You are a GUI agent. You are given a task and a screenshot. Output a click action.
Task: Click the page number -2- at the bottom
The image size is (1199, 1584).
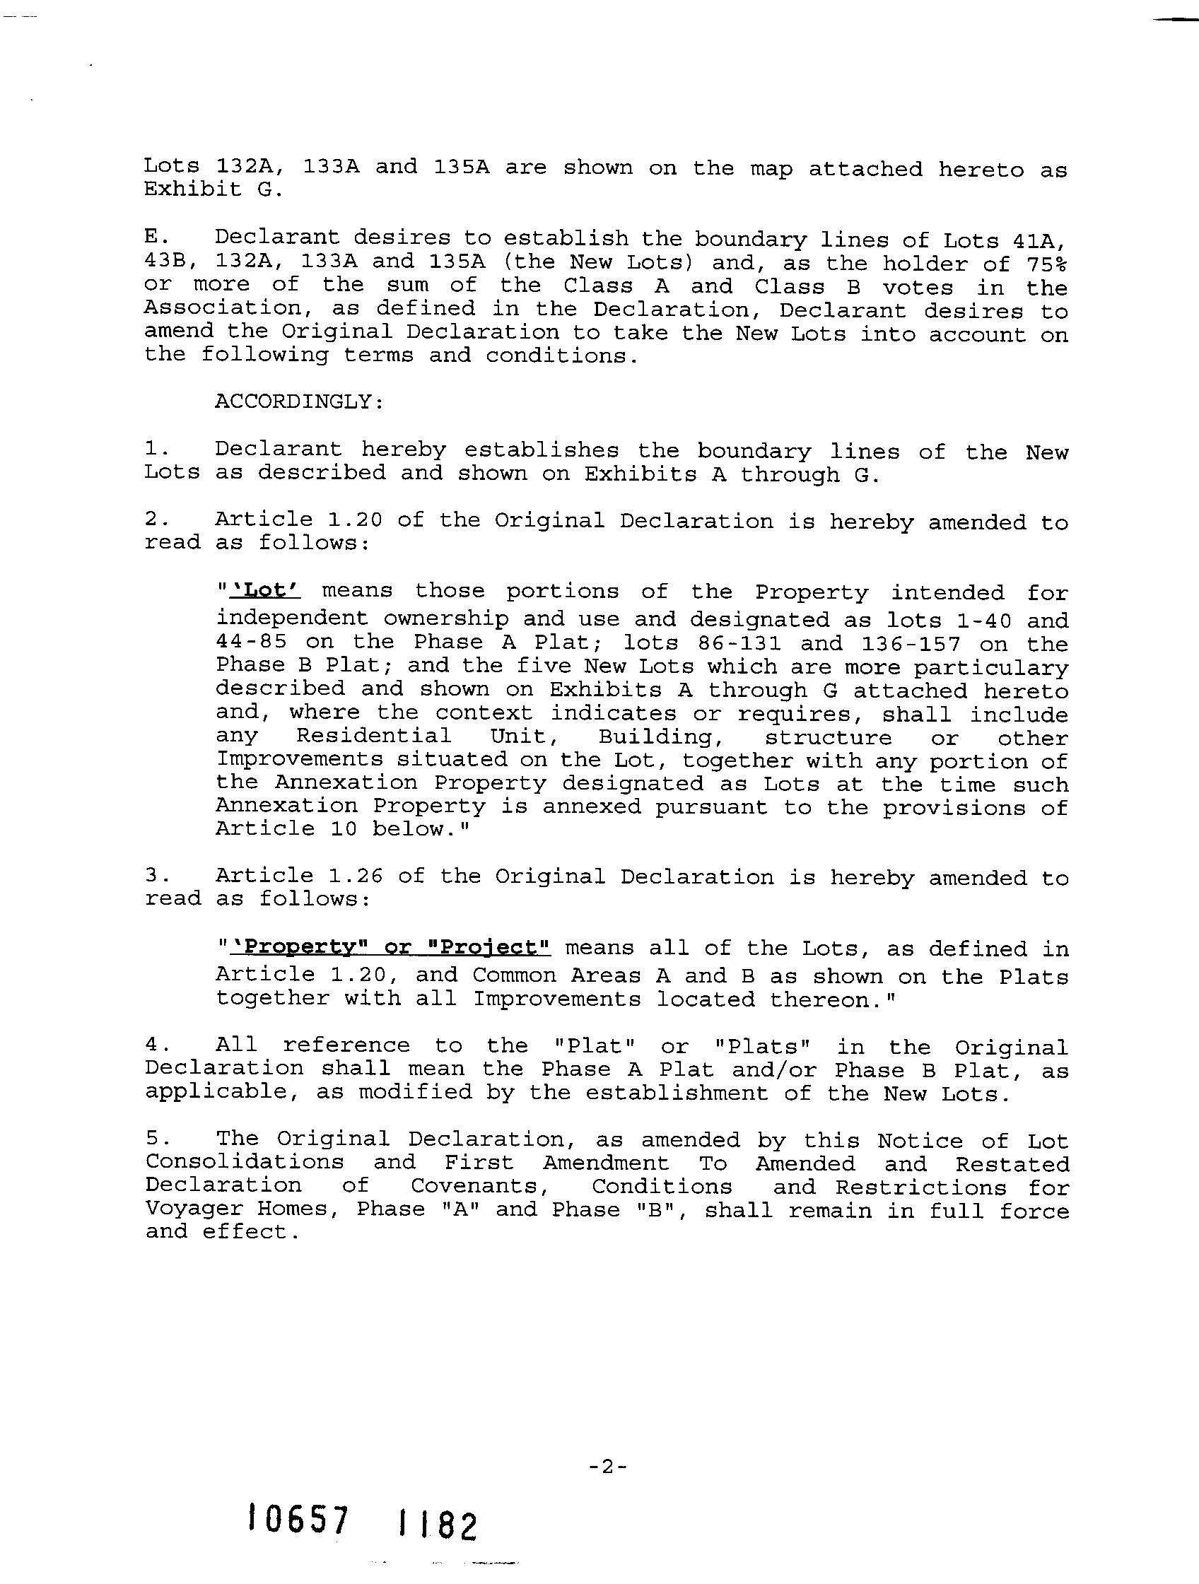(x=607, y=1467)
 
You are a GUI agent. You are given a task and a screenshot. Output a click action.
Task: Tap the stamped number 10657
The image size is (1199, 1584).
(x=297, y=1520)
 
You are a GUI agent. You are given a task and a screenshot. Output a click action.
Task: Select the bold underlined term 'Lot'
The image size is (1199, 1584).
(x=264, y=591)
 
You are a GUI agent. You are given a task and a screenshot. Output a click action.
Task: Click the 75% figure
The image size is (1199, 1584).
(x=1046, y=264)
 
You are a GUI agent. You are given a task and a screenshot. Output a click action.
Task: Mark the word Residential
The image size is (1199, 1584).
(x=374, y=736)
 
